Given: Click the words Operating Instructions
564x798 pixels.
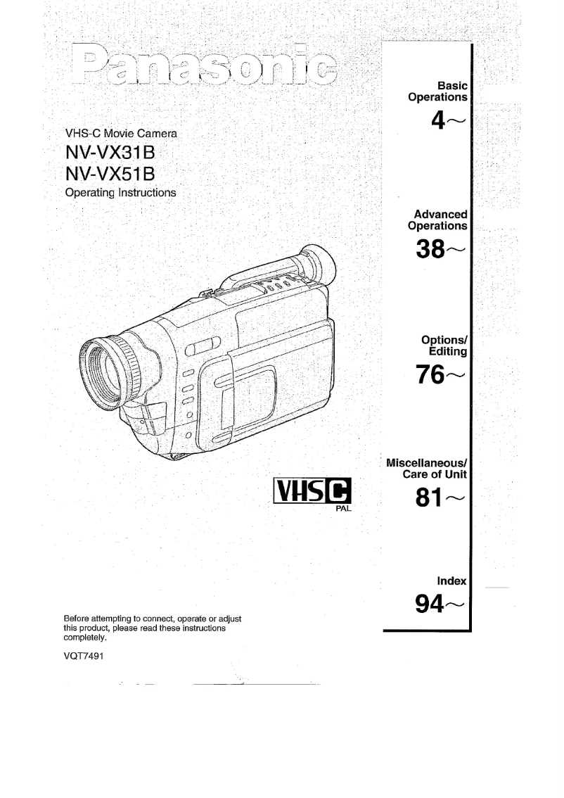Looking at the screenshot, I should tap(120, 192).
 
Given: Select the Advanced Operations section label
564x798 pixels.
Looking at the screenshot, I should tap(437, 220).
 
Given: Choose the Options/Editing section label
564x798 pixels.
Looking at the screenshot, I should tap(444, 345).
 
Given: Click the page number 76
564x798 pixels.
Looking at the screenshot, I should tap(431, 374).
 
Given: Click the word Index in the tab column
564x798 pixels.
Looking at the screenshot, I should tap(452, 581).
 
